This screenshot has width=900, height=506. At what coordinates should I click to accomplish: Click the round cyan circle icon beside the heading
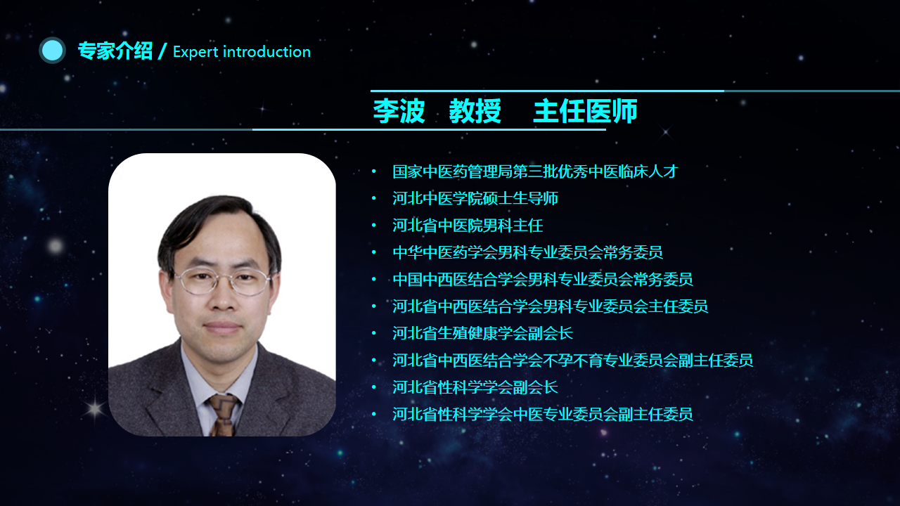52,51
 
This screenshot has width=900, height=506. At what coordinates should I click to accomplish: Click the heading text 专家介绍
115,51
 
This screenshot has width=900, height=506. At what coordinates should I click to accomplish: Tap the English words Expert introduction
242,52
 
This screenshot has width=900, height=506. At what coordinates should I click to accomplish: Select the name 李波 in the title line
399,111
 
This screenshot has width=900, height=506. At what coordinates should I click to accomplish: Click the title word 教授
475,111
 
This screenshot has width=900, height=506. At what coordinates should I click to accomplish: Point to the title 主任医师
586,111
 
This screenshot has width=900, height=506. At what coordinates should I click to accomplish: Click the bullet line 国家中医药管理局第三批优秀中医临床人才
535,171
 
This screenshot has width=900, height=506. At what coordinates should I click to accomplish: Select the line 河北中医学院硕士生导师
475,198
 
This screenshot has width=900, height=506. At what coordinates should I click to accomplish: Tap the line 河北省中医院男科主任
468,226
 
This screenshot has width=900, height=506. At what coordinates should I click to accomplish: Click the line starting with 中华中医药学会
527,252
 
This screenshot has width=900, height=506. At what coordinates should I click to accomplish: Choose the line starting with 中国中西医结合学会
543,279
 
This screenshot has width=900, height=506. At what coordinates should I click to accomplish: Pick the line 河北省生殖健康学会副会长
482,333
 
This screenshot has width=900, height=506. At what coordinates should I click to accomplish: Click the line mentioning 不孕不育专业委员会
572,360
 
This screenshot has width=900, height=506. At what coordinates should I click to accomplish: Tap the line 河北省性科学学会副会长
475,387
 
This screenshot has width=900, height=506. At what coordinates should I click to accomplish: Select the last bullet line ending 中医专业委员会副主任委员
543,414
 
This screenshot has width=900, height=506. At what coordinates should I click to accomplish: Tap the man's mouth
223,327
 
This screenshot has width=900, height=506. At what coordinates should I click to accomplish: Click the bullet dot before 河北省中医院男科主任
374,226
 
